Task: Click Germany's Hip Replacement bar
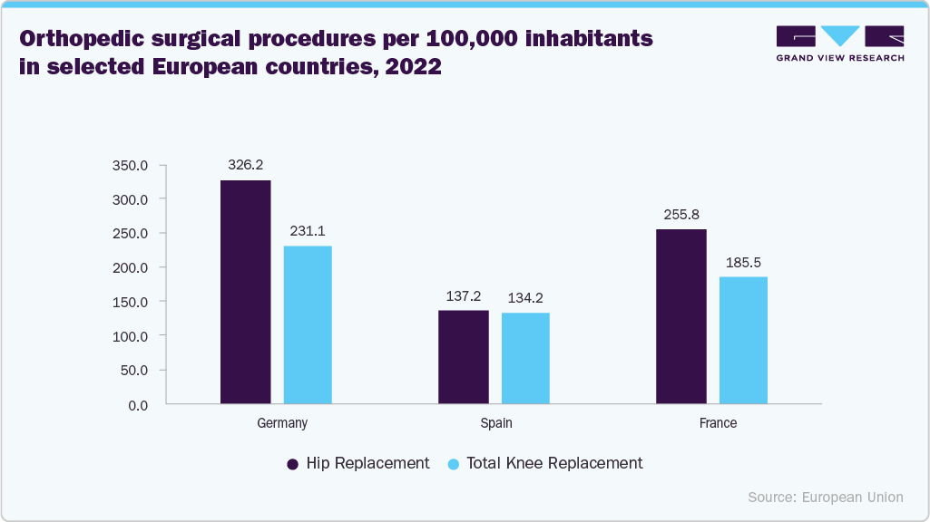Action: [x=245, y=292]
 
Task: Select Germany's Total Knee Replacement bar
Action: [x=308, y=324]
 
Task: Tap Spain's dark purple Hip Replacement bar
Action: [x=463, y=357]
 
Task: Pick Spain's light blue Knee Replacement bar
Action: [x=525, y=358]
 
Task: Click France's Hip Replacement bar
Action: [x=680, y=316]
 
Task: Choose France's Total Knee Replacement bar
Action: [x=743, y=340]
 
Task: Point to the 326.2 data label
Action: [x=245, y=166]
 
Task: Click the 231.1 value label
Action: [x=308, y=231]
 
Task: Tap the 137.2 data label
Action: [x=463, y=296]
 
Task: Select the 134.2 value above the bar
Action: [x=525, y=298]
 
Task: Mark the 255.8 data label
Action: [x=680, y=215]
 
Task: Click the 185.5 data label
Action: [x=743, y=263]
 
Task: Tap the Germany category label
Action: [x=282, y=423]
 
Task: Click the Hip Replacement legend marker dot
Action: [x=293, y=464]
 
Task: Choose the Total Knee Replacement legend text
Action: [x=554, y=463]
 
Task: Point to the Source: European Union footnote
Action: [x=826, y=497]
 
